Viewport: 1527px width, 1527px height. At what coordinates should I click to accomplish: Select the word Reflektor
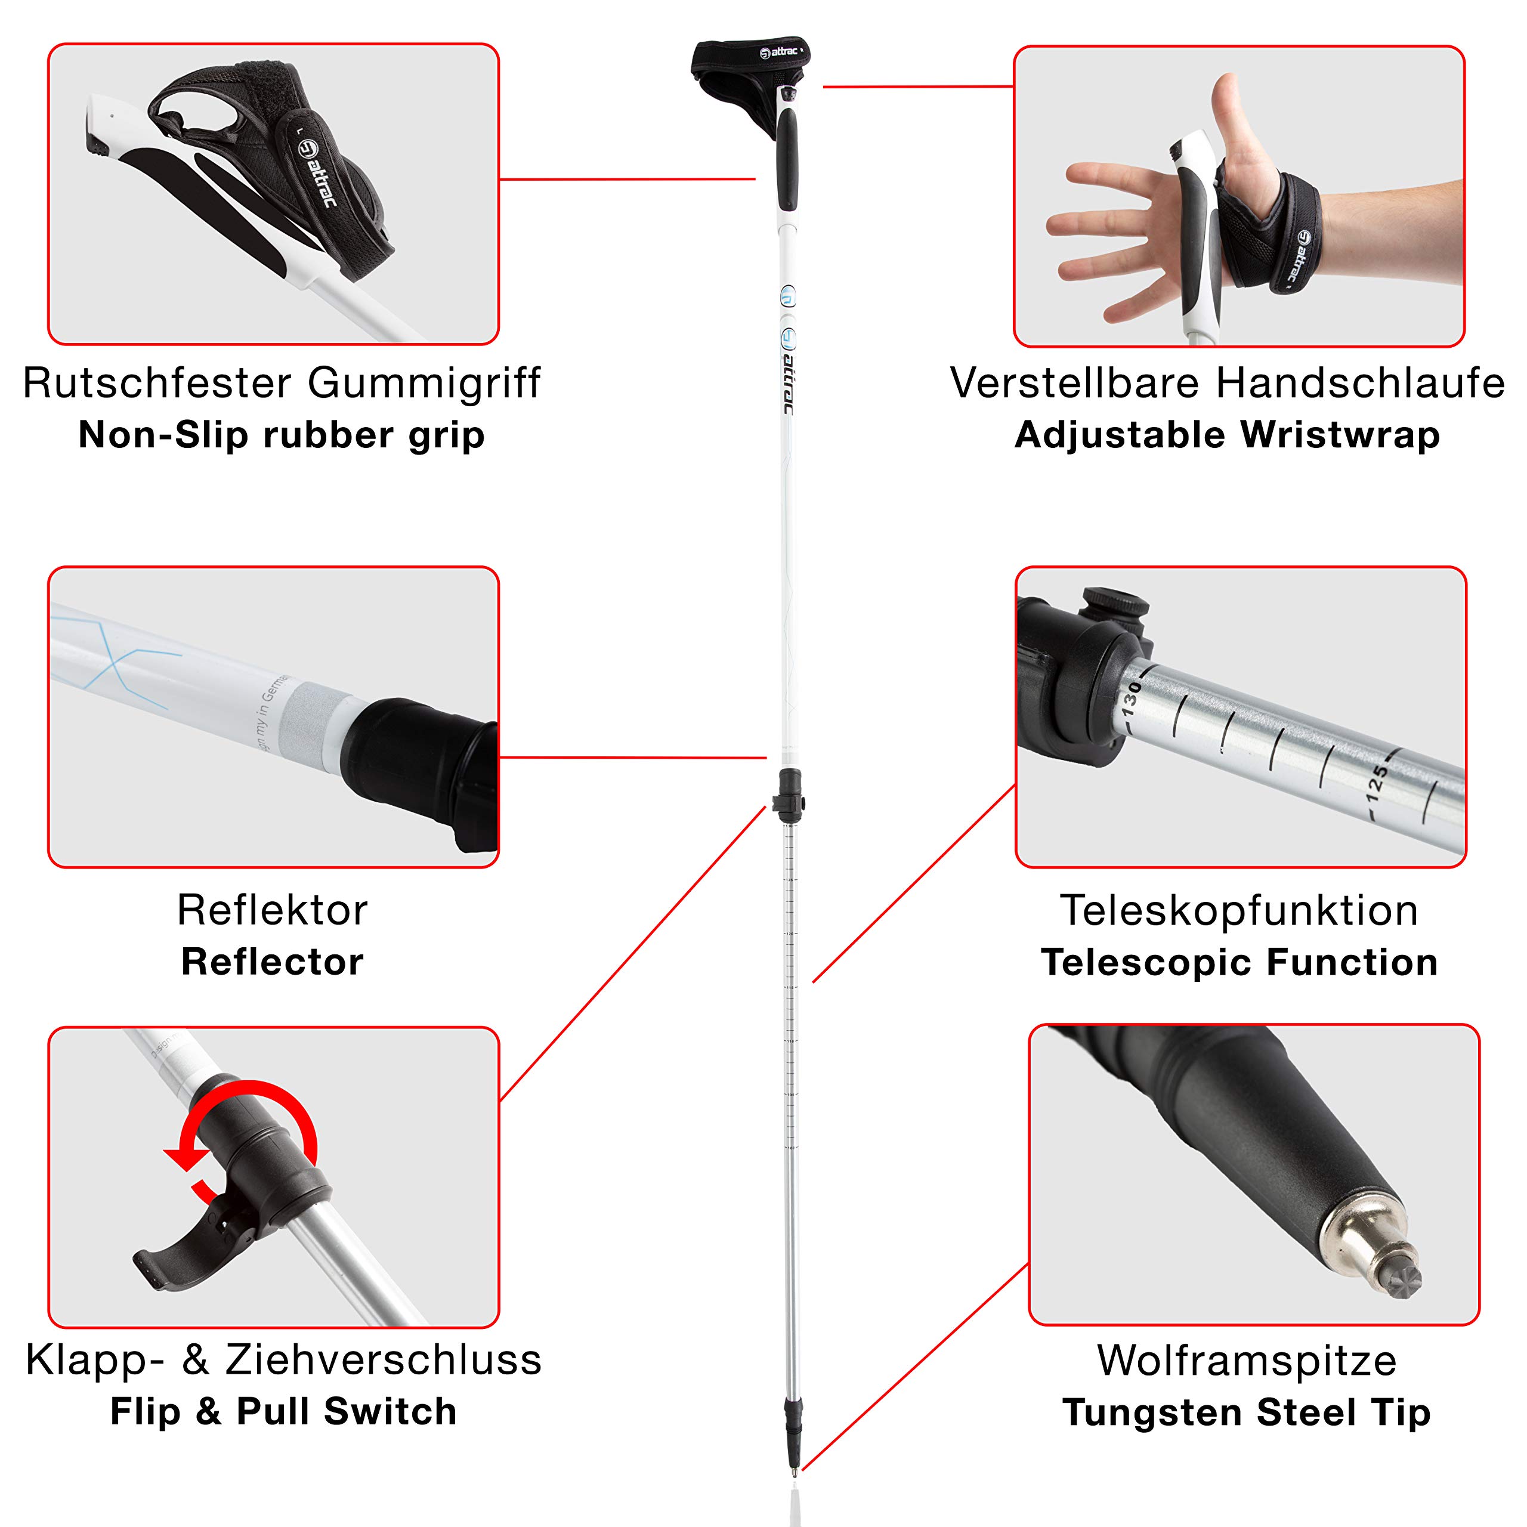(272, 910)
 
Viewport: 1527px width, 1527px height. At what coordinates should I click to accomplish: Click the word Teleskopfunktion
(1238, 910)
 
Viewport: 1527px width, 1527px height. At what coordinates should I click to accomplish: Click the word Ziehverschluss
(384, 1359)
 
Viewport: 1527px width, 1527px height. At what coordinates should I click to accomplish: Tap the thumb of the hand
(1233, 119)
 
